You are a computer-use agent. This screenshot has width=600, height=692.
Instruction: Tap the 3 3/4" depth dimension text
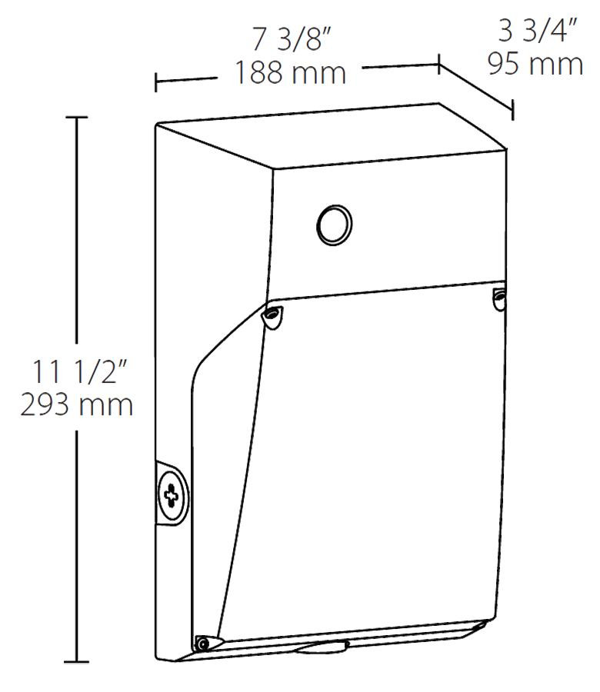[535, 33]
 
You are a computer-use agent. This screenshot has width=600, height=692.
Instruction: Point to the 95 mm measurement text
[535, 65]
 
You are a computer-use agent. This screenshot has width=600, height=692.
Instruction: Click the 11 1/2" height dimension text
[77, 373]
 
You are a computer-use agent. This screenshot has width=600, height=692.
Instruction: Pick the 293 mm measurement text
[77, 405]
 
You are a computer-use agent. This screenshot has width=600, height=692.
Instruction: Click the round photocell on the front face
[335, 225]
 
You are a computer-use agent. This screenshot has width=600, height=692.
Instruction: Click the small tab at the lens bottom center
[322, 647]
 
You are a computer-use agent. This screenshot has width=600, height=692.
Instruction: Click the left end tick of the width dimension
[157, 82]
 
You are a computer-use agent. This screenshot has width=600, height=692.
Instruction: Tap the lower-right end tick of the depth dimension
[512, 110]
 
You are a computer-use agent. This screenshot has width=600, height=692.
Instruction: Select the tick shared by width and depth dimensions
[438, 65]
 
